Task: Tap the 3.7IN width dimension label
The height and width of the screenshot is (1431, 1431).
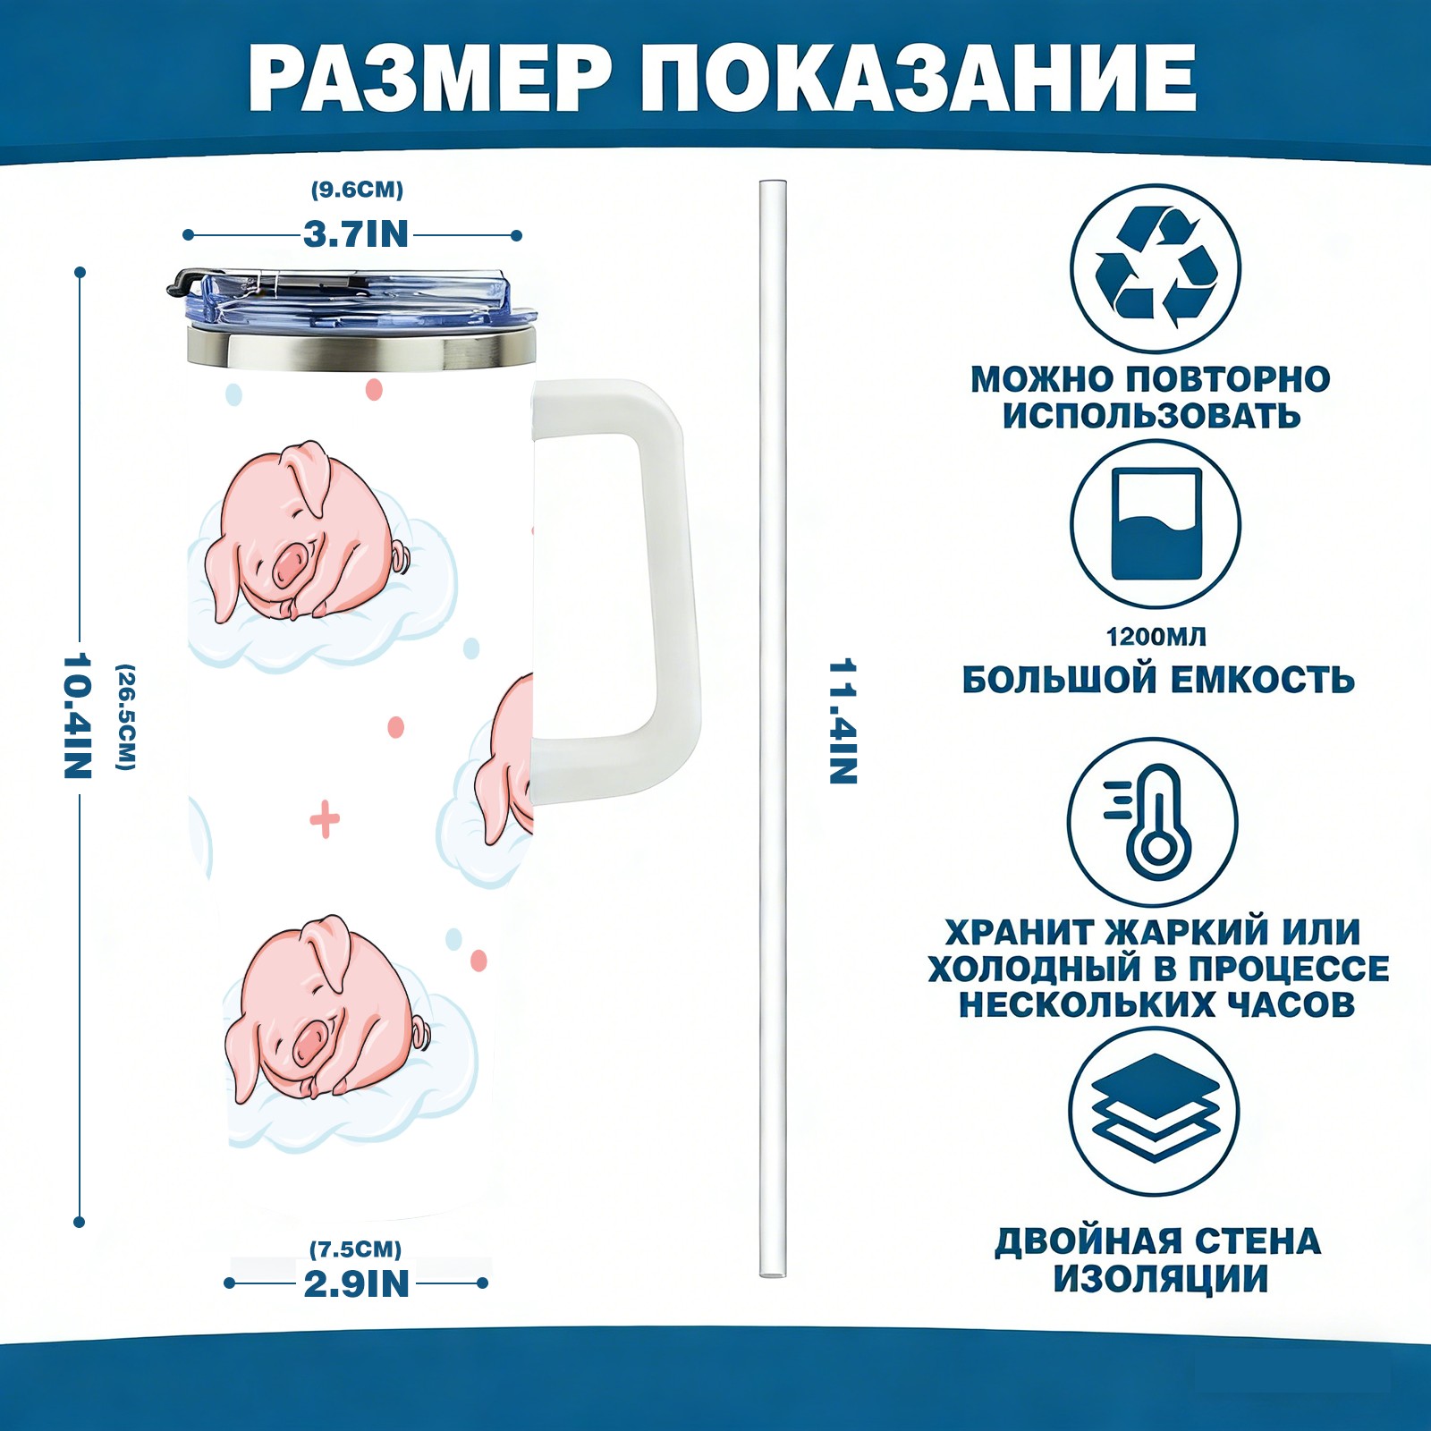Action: [356, 234]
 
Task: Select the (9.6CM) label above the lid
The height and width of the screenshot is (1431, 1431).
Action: [357, 190]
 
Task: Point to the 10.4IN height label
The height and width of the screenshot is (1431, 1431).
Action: [79, 715]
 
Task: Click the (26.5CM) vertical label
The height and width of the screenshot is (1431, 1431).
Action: [126, 716]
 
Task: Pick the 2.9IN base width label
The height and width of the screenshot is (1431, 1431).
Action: [356, 1283]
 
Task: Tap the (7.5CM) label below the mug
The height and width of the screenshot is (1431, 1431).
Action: [355, 1249]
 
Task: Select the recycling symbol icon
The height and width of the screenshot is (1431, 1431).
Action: [1156, 267]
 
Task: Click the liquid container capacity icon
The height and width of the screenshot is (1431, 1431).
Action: [1156, 524]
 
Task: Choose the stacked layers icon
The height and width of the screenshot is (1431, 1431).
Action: [1155, 1112]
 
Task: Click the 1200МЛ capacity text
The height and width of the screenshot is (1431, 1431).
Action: [1156, 637]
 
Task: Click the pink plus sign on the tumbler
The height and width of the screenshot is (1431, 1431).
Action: [325, 819]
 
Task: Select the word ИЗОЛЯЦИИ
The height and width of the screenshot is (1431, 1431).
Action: [1161, 1279]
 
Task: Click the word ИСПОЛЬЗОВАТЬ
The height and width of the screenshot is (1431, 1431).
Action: [1151, 416]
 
